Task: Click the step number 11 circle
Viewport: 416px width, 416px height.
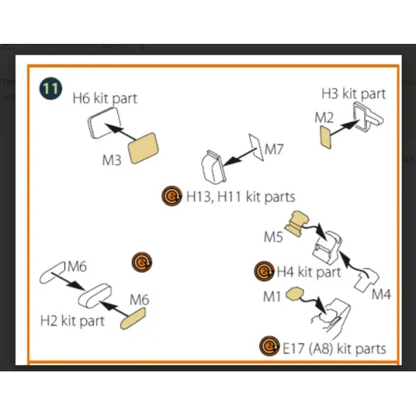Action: coord(51,88)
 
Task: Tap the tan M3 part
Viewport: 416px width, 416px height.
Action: coord(143,148)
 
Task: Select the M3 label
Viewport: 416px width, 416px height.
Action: coord(112,160)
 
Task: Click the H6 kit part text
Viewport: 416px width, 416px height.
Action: coord(105,98)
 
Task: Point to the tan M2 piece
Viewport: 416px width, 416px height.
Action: coord(325,137)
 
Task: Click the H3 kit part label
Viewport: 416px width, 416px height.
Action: coord(354,94)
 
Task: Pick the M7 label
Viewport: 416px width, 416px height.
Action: coord(274,149)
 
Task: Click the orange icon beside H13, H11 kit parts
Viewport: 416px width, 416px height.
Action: coord(172,196)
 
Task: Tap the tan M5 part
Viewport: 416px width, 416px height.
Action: coord(297,223)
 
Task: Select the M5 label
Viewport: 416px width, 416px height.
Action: coord(273,237)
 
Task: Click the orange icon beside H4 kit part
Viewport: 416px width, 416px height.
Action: coord(264,271)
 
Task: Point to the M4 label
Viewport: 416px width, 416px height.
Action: coord(381,294)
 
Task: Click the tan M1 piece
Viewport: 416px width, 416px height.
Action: coord(294,294)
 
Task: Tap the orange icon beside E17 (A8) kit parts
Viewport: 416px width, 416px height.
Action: coord(269,346)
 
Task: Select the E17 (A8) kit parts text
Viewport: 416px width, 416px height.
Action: coord(334,349)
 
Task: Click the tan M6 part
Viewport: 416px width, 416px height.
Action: coord(133,318)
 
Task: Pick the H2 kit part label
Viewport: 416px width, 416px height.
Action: coord(72,321)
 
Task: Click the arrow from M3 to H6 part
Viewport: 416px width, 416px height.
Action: coord(120,132)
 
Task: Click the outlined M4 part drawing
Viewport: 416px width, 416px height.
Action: coord(367,280)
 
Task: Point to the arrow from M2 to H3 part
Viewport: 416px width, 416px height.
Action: coord(345,128)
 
